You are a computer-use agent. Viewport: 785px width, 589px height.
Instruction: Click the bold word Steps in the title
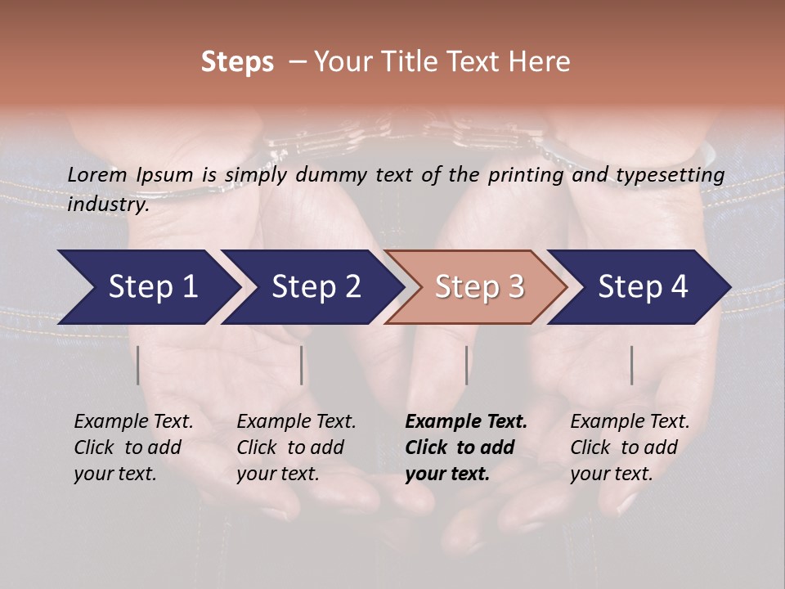(x=237, y=62)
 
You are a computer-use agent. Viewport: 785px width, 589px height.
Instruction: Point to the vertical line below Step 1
(x=138, y=365)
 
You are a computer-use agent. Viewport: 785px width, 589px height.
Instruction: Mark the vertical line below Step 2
(x=302, y=365)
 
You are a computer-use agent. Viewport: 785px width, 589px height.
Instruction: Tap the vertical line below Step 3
(x=466, y=365)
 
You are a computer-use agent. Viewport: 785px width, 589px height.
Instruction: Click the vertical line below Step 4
(x=631, y=365)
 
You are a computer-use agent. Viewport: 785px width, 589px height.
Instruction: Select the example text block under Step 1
(x=133, y=447)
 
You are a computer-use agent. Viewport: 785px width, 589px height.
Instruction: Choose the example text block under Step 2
(x=296, y=447)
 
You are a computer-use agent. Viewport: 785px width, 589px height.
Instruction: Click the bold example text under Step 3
(x=466, y=447)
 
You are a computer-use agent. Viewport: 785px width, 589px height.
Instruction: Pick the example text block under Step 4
(x=630, y=447)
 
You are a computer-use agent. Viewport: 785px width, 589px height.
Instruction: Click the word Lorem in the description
(x=97, y=175)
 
